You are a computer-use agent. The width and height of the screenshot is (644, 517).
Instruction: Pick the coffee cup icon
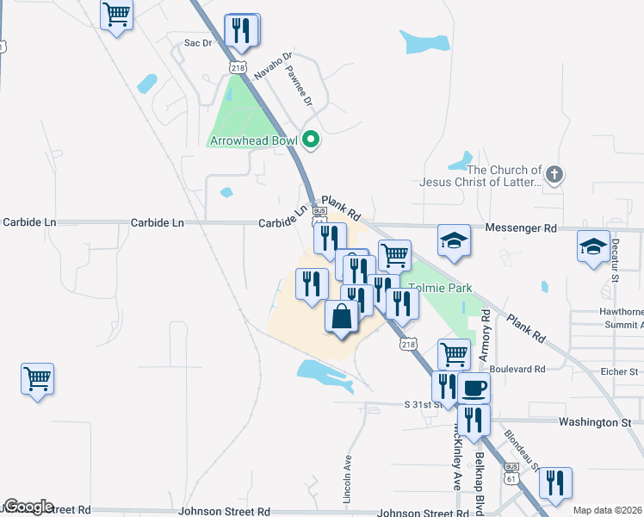[x=474, y=388]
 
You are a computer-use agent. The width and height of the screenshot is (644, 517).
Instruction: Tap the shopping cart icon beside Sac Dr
[x=117, y=14]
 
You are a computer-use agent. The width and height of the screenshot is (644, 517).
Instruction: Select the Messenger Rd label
[x=521, y=228]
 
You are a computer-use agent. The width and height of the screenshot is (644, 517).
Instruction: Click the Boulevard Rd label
[x=516, y=369]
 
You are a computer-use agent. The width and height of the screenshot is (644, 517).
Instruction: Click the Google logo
[x=28, y=507]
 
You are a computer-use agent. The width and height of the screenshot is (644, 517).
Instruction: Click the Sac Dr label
[x=198, y=42]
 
